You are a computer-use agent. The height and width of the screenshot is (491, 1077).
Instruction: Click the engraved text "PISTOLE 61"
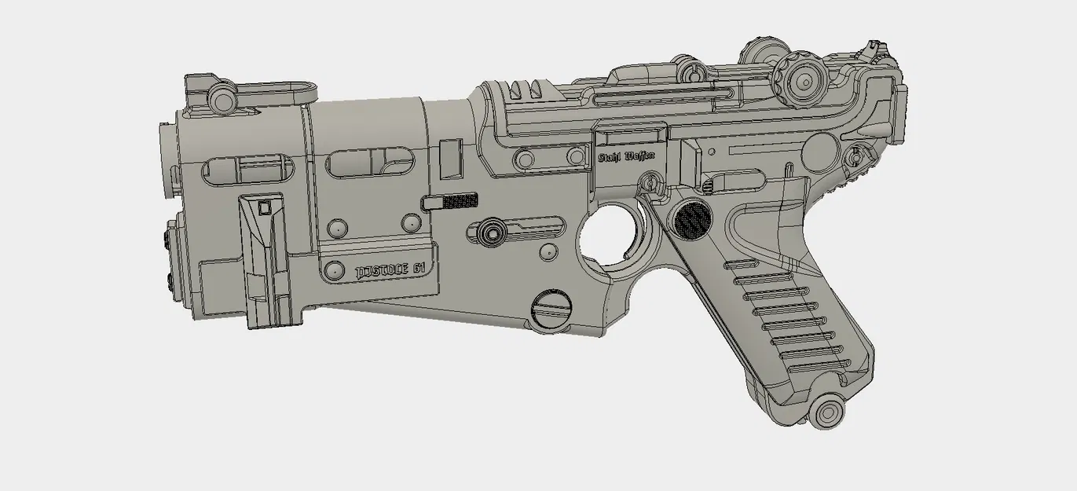coord(390,270)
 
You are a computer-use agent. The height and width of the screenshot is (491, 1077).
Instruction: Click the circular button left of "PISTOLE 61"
coord(335,269)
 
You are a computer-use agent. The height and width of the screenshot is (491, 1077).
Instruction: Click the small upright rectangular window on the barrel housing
coord(450,157)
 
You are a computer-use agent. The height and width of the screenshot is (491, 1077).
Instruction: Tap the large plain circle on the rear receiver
coord(822,148)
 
